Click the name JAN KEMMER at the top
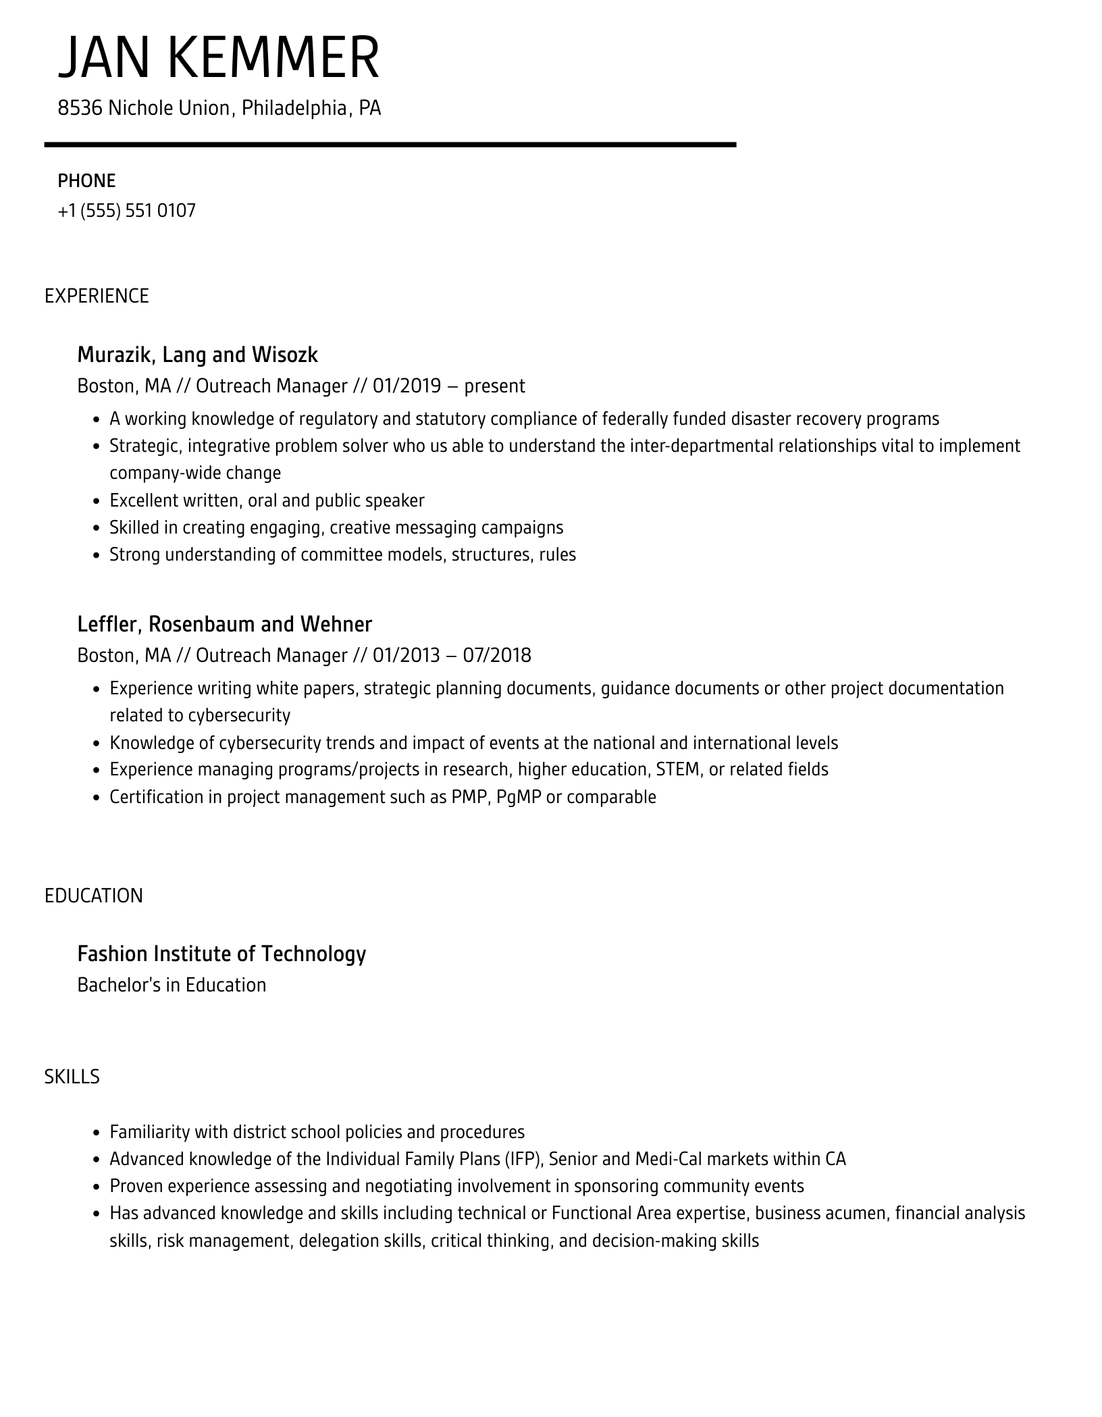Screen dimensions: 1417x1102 click(219, 57)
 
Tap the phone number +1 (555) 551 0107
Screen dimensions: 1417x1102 click(126, 211)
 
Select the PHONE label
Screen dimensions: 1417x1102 click(86, 180)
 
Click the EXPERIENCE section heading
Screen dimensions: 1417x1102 click(97, 296)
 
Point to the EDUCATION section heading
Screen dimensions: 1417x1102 click(94, 896)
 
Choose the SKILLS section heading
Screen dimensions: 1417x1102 click(72, 1077)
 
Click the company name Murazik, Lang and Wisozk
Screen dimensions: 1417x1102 click(197, 355)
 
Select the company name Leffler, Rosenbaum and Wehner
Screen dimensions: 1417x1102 click(224, 624)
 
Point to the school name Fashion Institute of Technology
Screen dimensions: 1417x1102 click(221, 954)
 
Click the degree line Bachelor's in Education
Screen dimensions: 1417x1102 click(172, 985)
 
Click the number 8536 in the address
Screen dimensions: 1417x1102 click(80, 108)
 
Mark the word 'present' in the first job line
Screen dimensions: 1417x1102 click(494, 386)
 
